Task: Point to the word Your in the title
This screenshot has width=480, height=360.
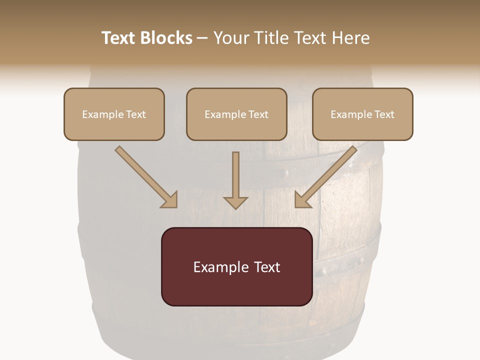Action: [x=230, y=38]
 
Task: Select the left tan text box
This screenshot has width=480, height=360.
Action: [x=114, y=114]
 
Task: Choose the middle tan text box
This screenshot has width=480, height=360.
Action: [x=236, y=114]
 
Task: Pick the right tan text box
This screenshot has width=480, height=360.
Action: [x=362, y=114]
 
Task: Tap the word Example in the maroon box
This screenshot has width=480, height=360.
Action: [x=217, y=267]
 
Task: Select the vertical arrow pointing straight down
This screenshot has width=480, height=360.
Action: [x=235, y=180]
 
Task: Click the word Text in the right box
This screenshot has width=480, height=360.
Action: [x=384, y=114]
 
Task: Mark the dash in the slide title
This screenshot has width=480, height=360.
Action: [x=202, y=38]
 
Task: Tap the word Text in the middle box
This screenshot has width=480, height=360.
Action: [x=258, y=114]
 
